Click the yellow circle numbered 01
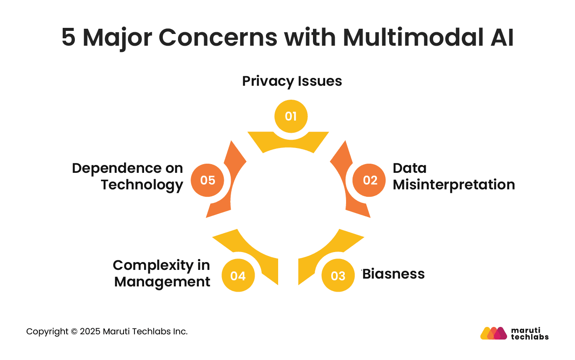click(291, 116)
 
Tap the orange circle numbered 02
click(370, 180)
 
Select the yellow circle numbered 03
click(338, 276)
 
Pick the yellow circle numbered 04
click(238, 276)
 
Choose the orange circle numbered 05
click(208, 180)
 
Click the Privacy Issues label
click(292, 81)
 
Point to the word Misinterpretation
click(454, 185)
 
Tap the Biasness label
click(394, 274)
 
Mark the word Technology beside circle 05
click(142, 185)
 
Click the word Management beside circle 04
click(162, 282)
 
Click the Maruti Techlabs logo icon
click(493, 333)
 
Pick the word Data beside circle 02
click(410, 168)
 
